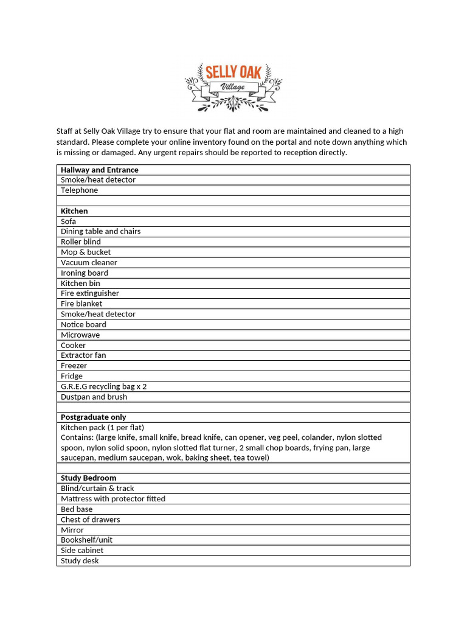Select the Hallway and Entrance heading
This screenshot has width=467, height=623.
pyautogui.click(x=100, y=170)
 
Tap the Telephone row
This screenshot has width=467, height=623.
pyautogui.click(x=79, y=190)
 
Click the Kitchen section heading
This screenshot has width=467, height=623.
pyautogui.click(x=74, y=211)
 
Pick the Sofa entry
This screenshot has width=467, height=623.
pyautogui.click(x=68, y=221)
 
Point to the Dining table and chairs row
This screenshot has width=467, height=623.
pyautogui.click(x=100, y=231)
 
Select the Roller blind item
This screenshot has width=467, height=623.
pyautogui.click(x=81, y=242)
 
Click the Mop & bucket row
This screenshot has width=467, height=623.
pyautogui.click(x=86, y=252)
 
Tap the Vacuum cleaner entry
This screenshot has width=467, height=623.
pyautogui.click(x=89, y=262)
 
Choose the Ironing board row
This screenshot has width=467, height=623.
pyautogui.click(x=85, y=273)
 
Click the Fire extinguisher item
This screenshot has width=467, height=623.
pyautogui.click(x=90, y=293)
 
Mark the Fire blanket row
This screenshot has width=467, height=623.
pyautogui.click(x=81, y=304)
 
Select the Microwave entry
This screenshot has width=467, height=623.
pyautogui.click(x=80, y=335)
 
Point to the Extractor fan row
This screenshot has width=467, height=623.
pyautogui.click(x=83, y=355)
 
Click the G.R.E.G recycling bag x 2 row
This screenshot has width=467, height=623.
pyautogui.click(x=103, y=386)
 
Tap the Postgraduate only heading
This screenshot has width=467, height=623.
pyautogui.click(x=94, y=417)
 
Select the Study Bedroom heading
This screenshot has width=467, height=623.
pyautogui.click(x=89, y=478)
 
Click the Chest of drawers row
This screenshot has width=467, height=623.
pyautogui.click(x=91, y=520)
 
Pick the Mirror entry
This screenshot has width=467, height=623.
pyautogui.click(x=72, y=530)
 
